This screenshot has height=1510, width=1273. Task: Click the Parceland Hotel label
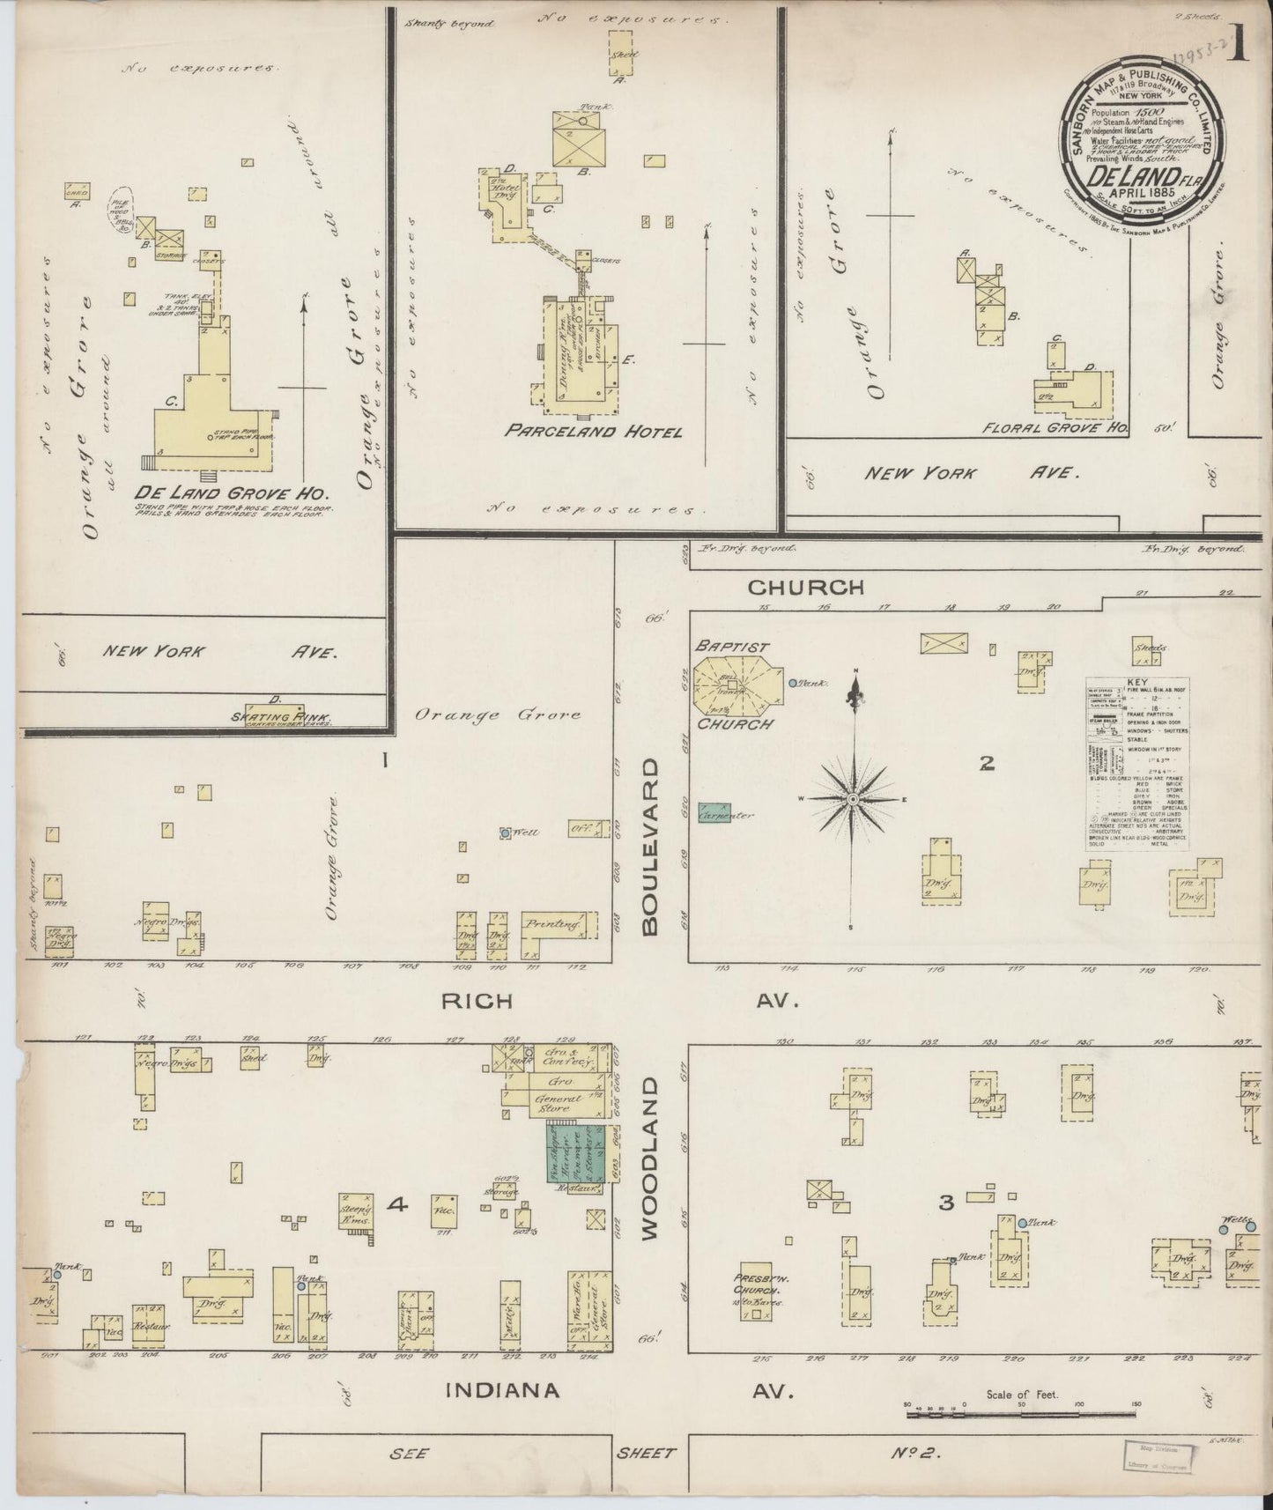593,433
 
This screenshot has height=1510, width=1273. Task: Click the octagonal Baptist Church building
736,685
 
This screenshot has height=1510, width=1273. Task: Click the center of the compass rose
853,798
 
